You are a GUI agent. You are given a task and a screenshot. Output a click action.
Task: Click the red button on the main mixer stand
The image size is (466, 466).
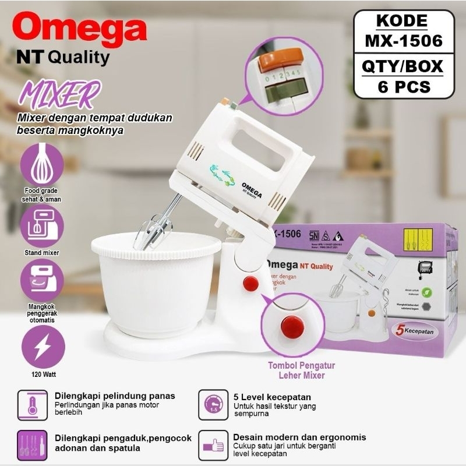[250, 284]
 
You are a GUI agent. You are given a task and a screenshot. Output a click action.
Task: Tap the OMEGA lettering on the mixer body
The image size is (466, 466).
[250, 189]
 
